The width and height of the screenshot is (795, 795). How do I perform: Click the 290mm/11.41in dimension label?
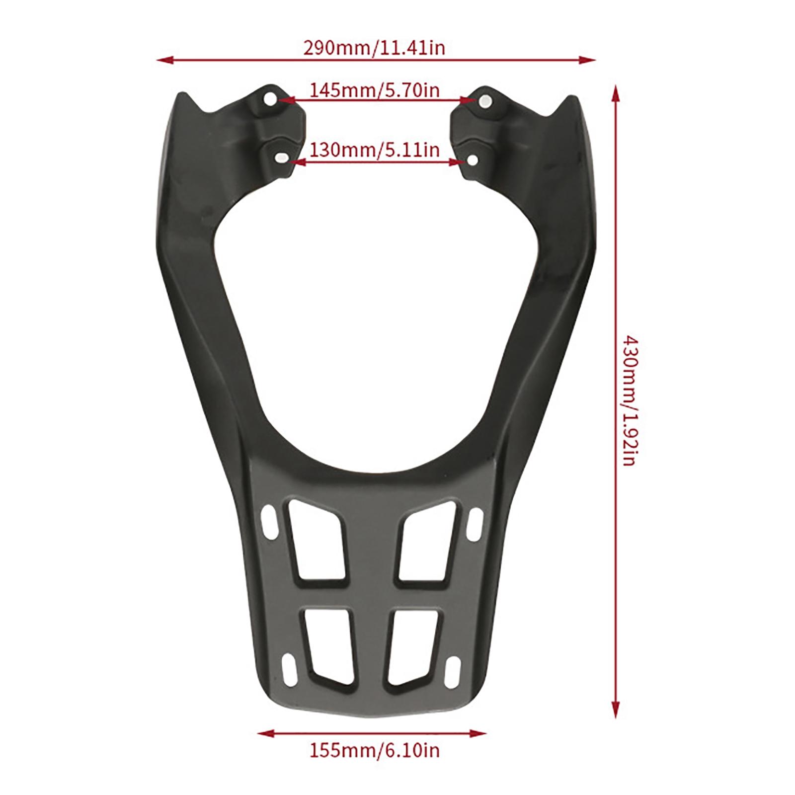[374, 48]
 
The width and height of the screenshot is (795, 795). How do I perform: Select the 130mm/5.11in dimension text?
[375, 149]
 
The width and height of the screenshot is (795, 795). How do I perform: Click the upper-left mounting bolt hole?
[271, 99]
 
